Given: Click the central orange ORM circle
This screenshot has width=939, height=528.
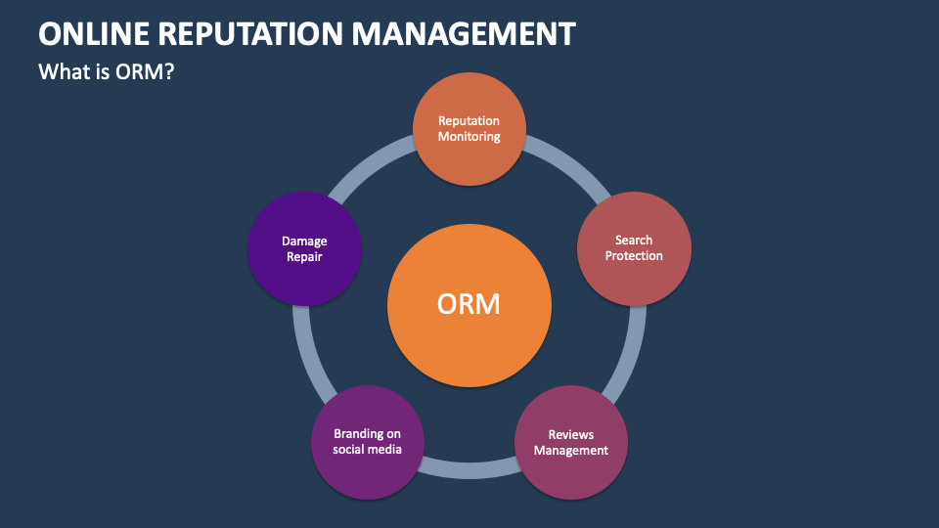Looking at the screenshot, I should click(469, 304).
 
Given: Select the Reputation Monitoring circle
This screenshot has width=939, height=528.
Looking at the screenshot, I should click(469, 129).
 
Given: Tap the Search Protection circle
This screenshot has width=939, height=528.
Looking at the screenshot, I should click(634, 248).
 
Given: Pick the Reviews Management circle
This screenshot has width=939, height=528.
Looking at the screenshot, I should click(571, 443).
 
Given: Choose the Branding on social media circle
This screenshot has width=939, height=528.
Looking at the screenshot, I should click(367, 442).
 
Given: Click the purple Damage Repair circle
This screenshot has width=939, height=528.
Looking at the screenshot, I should click(305, 248).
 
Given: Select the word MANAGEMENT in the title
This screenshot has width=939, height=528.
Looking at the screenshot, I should click(464, 34).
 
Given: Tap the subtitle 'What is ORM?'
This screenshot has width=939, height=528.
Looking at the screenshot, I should click(106, 71).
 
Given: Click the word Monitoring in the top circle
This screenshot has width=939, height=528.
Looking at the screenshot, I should click(469, 137).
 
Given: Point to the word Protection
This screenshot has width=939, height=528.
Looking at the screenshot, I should click(634, 256).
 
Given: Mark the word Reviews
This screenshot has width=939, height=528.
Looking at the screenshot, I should click(571, 435).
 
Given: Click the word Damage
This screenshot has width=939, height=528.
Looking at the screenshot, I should click(305, 241).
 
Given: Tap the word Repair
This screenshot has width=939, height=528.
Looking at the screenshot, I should click(305, 256).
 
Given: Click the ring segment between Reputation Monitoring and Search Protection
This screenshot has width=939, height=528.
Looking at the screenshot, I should click(567, 162).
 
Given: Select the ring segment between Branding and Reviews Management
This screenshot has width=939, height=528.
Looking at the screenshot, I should click(469, 470).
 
